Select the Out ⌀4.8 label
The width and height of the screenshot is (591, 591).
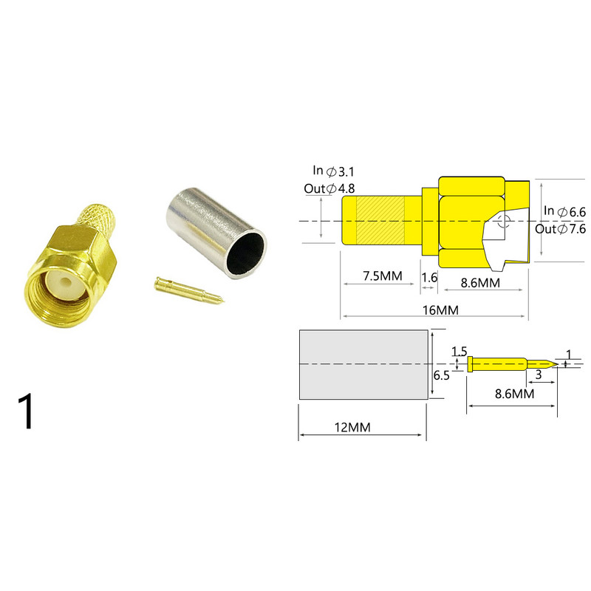329,188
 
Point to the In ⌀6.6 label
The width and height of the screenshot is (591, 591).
564,212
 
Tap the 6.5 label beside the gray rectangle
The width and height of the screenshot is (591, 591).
440,375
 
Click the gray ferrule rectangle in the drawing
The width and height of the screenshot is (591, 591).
364,364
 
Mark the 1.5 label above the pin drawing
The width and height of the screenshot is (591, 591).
460,351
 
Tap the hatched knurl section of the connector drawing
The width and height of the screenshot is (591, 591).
380,220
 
